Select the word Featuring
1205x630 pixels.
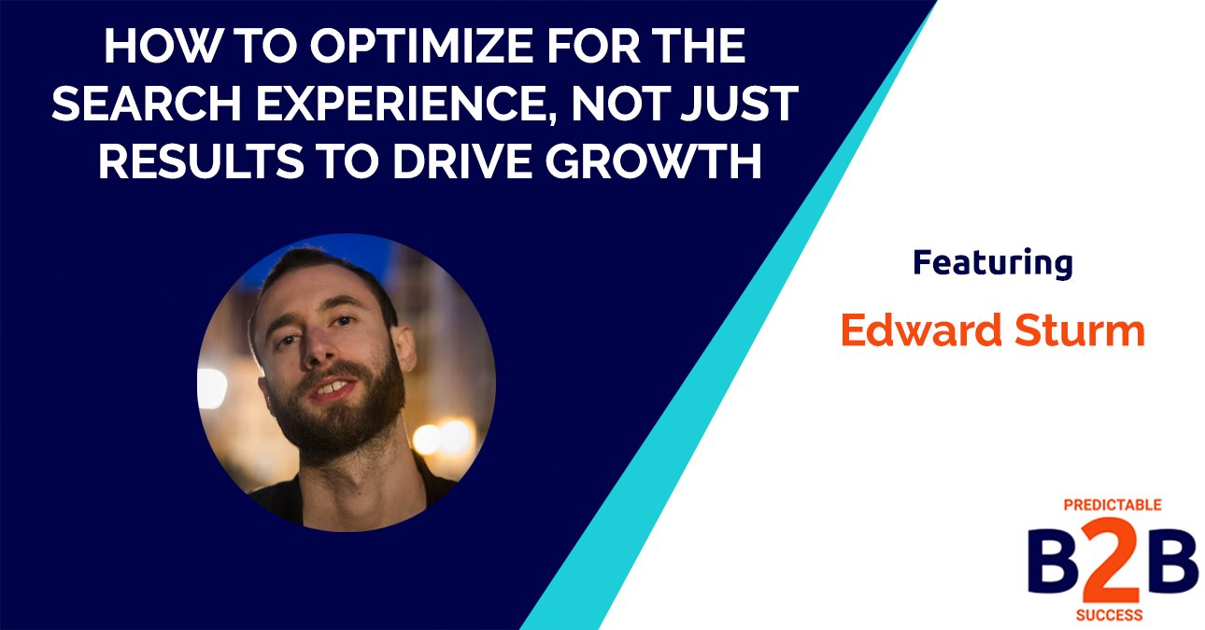(x=992, y=263)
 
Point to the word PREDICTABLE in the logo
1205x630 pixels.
(x=1113, y=505)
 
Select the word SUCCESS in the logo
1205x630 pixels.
(x=1113, y=616)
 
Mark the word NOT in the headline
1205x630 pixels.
(x=632, y=105)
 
